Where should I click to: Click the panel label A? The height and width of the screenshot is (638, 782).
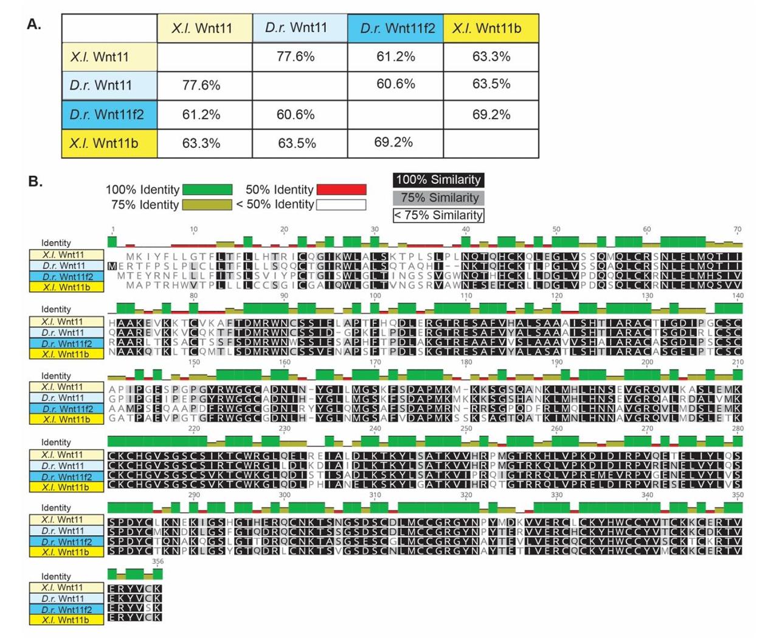[34, 24]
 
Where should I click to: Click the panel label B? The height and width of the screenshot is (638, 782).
[35, 181]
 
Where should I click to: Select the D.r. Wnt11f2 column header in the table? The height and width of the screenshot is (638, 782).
[396, 29]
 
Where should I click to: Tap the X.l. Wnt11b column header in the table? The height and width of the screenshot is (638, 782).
[491, 29]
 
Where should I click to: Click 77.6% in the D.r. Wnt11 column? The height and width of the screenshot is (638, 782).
[296, 57]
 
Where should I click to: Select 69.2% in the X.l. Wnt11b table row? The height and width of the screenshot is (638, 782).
[393, 142]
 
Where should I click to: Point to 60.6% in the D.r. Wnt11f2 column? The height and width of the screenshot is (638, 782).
[396, 83]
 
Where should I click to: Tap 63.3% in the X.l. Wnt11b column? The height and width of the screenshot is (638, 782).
[491, 57]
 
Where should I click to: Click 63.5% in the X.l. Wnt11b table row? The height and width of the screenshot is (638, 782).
[296, 143]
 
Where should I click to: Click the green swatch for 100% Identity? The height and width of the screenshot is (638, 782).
[207, 189]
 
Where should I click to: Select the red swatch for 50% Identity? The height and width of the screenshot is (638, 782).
[341, 189]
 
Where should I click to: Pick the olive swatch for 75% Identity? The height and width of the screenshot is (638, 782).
[207, 205]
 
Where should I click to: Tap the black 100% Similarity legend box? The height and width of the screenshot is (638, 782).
[438, 180]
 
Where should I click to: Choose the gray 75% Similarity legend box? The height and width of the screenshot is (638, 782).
[438, 197]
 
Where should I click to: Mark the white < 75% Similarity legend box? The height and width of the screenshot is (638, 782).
[438, 215]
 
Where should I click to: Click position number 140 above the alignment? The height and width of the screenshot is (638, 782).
[738, 295]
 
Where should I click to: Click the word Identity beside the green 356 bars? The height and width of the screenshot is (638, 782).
[56, 576]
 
